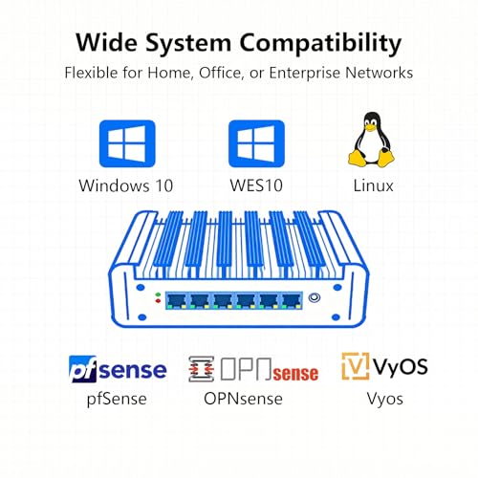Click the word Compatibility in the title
(x=320, y=44)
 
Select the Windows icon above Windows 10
(x=127, y=143)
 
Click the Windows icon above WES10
(x=256, y=143)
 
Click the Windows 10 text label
(x=126, y=185)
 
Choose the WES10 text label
(x=256, y=185)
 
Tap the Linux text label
(x=373, y=185)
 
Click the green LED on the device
(x=158, y=294)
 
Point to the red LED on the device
(x=158, y=300)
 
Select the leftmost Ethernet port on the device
(x=177, y=301)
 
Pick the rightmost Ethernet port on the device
(x=292, y=301)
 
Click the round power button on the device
(x=315, y=297)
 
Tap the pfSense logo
(x=118, y=369)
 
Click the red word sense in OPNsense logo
(x=295, y=374)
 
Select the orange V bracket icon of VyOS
(x=356, y=366)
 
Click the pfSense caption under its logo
(x=117, y=399)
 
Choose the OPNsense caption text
(x=243, y=399)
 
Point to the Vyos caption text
(x=384, y=399)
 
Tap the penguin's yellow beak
(x=370, y=127)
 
